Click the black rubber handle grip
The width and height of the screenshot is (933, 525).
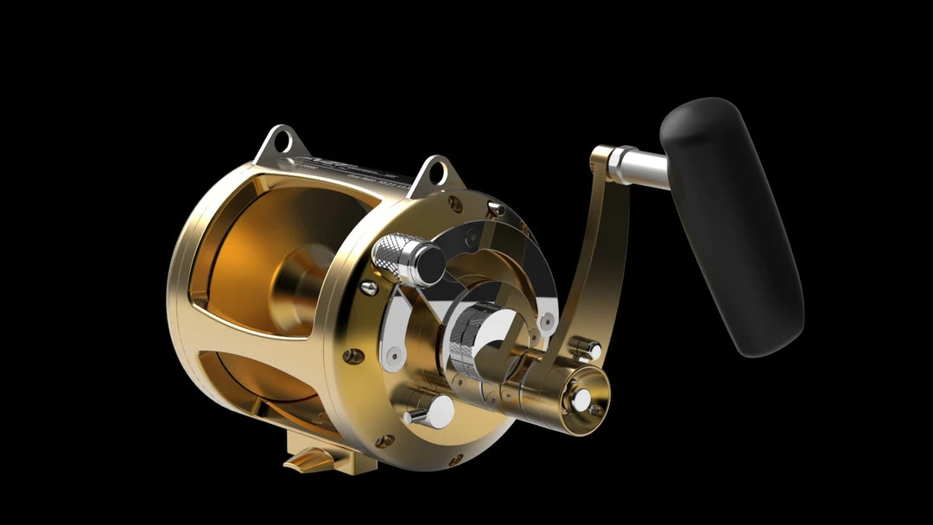coord(731,225)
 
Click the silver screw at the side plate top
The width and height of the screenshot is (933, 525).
coord(496,208)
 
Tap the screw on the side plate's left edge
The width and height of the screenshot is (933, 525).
coord(350,355)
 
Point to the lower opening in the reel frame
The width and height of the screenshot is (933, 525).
coord(251,380)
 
